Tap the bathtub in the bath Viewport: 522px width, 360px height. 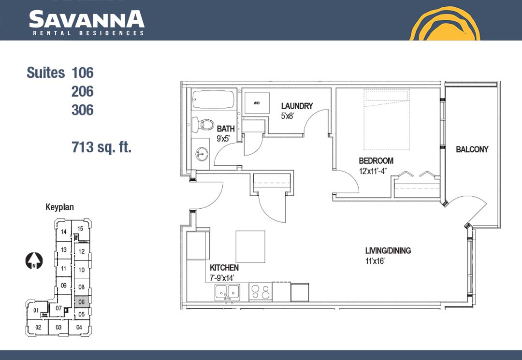tap(214, 99)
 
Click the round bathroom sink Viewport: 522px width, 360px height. tap(202, 154)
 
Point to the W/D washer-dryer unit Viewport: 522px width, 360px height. tap(257, 103)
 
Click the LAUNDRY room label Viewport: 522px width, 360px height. tap(297, 106)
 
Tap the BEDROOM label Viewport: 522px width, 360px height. tap(376, 161)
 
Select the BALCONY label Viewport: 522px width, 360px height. tap(472, 149)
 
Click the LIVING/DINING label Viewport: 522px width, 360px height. tap(388, 250)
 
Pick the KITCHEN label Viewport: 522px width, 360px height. tap(224, 268)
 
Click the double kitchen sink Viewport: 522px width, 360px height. tap(227, 292)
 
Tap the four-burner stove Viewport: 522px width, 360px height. tap(261, 292)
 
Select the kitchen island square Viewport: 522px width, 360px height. tap(250, 246)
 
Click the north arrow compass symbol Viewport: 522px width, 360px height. tap(34, 261)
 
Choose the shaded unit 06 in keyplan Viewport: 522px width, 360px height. tap(82, 302)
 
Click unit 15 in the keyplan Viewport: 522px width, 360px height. tap(80, 229)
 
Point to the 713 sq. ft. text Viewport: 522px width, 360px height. tap(101, 147)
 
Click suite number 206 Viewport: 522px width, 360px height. tap(83, 91)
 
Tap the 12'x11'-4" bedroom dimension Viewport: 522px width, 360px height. tap(373, 172)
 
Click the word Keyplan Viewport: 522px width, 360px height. tap(59, 207)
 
